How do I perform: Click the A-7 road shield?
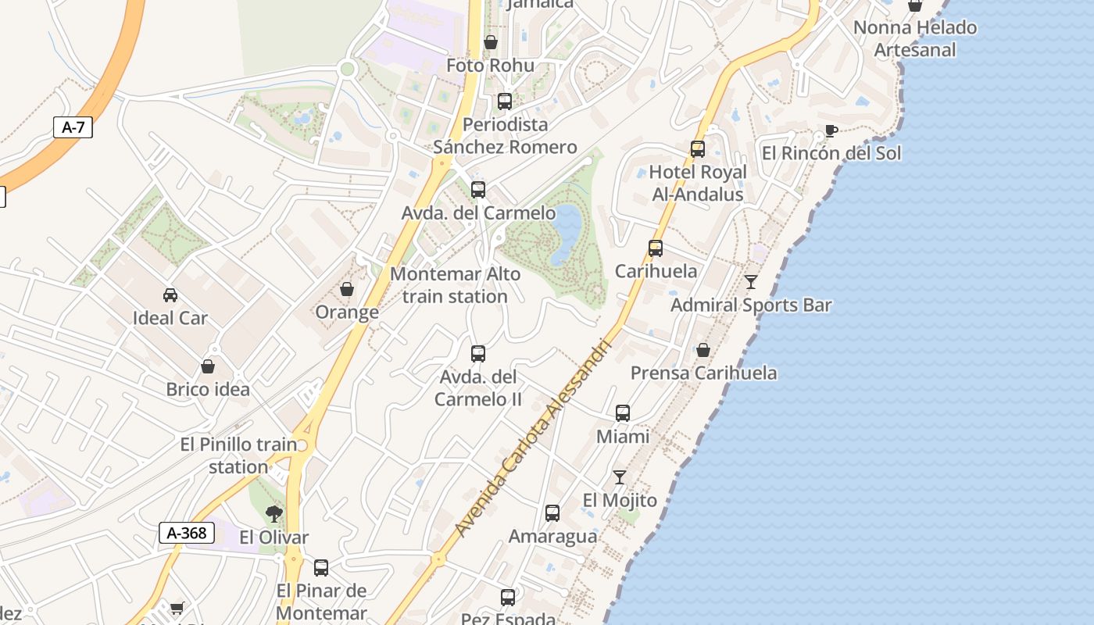click(x=73, y=127)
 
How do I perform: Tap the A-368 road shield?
click(x=187, y=533)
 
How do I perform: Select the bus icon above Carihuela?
click(x=656, y=248)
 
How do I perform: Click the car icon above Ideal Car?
click(x=170, y=295)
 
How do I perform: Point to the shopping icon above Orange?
click(x=347, y=289)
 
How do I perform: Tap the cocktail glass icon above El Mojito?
click(x=620, y=477)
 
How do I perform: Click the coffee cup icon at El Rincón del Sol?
click(x=831, y=130)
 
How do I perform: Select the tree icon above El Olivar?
click(x=273, y=513)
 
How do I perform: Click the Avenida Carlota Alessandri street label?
click(x=532, y=437)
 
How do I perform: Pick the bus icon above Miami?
click(x=623, y=413)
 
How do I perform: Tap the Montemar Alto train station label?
click(x=456, y=285)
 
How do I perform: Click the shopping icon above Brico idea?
click(x=208, y=366)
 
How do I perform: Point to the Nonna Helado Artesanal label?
click(x=915, y=38)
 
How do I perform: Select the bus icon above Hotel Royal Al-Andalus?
click(x=698, y=148)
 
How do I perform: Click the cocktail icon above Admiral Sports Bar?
click(x=751, y=281)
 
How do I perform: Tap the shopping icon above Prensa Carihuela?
click(x=703, y=350)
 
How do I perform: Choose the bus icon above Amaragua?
click(x=552, y=513)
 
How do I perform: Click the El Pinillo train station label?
click(x=238, y=455)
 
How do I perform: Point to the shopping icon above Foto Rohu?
click(x=491, y=42)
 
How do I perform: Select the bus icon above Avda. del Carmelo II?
click(x=478, y=354)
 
